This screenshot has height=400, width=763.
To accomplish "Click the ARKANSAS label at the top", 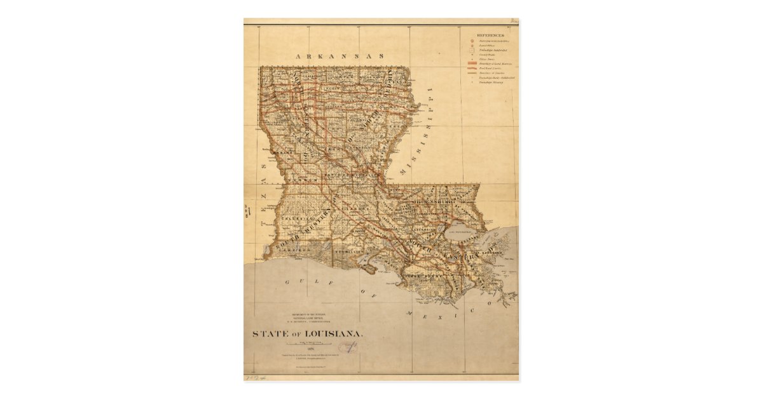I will point(341,56).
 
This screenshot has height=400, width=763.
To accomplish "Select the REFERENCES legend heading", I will point(490,36).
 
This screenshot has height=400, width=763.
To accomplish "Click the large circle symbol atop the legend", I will point(472,41).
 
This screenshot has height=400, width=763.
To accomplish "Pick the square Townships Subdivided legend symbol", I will point(472,50).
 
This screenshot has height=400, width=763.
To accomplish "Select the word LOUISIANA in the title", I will point(336,333).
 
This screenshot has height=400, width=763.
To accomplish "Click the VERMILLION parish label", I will point(348,252).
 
